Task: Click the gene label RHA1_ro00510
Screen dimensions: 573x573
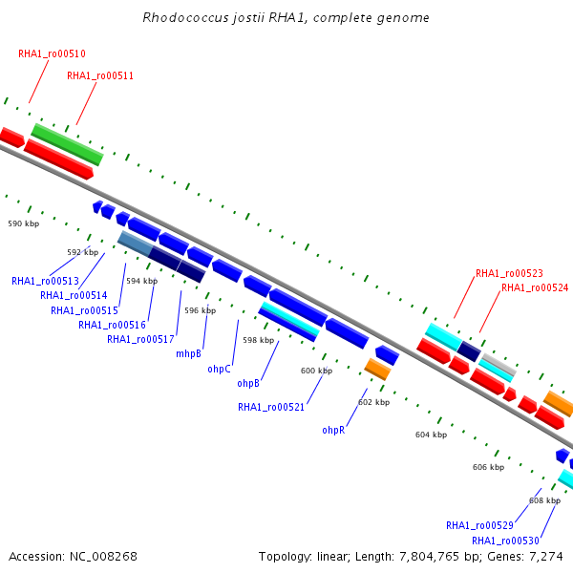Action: click(x=52, y=53)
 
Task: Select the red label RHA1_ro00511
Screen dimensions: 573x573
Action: click(x=100, y=75)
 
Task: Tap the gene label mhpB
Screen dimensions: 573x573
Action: click(x=188, y=353)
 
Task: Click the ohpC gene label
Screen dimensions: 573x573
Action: click(x=220, y=369)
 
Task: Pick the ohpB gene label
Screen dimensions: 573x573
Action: click(x=248, y=383)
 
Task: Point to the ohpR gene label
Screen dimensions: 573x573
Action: click(x=333, y=430)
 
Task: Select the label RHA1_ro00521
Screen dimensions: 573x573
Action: click(x=271, y=407)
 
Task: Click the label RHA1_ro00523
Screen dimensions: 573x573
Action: click(x=509, y=273)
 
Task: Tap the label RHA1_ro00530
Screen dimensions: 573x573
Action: click(x=505, y=541)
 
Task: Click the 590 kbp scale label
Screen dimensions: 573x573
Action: click(x=24, y=223)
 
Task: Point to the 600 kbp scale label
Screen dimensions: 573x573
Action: click(x=316, y=371)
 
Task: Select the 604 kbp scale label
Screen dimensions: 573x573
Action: click(x=432, y=435)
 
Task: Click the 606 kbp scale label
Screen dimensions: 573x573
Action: click(x=489, y=467)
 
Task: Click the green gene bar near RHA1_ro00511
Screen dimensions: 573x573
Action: click(x=67, y=145)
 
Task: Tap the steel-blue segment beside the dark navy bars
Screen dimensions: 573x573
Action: click(x=136, y=243)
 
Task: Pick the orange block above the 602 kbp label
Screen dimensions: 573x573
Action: click(x=377, y=369)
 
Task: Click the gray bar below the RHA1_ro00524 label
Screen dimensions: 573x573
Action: click(x=499, y=364)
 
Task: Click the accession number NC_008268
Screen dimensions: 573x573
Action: click(x=103, y=557)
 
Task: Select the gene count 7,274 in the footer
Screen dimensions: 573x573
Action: click(x=546, y=557)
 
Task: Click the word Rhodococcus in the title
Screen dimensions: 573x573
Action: click(x=185, y=17)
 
